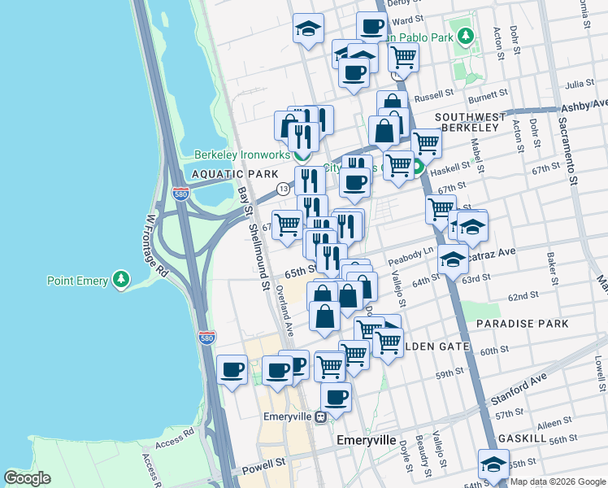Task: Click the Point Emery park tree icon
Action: click(122, 281)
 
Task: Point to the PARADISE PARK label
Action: click(522, 324)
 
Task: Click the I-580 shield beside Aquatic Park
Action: click(181, 194)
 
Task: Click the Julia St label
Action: click(580, 84)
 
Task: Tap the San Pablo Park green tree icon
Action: click(465, 36)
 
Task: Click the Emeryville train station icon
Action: click(321, 416)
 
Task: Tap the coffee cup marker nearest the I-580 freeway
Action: click(232, 370)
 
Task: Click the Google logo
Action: click(28, 478)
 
